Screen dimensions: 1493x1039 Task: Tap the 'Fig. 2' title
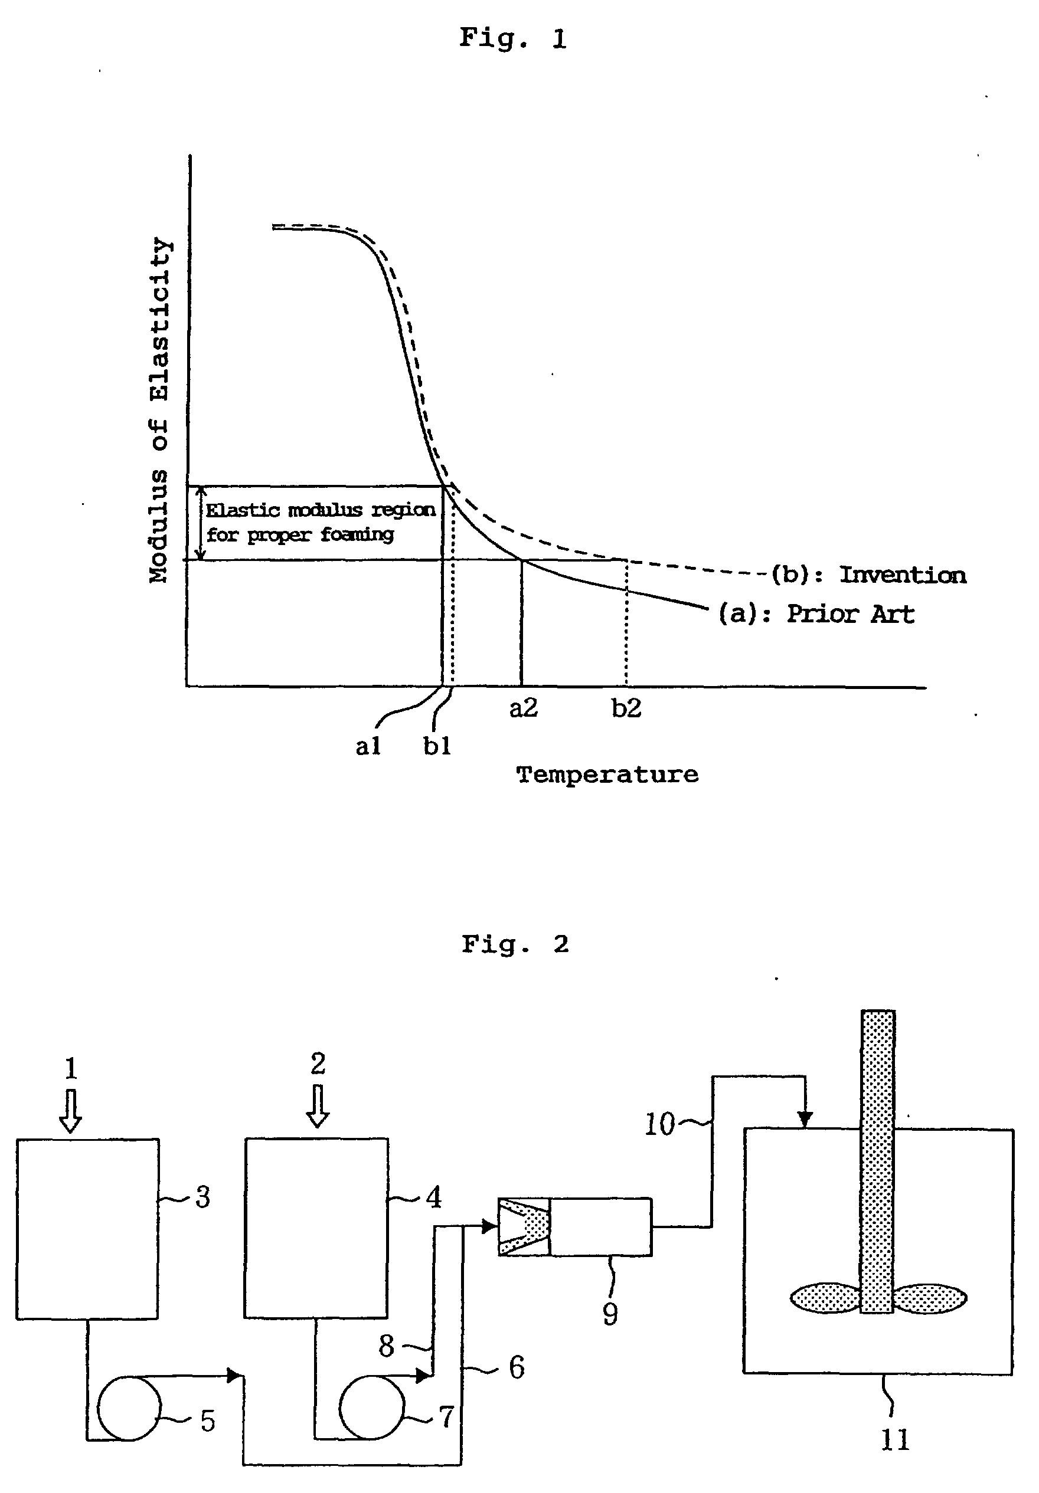[515, 944]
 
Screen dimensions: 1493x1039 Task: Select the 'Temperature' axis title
[607, 775]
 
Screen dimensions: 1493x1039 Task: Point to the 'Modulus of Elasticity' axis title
[159, 411]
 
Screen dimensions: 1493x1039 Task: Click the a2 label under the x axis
[523, 708]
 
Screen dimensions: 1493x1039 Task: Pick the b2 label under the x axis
[626, 708]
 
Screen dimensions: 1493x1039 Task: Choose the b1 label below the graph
[436, 746]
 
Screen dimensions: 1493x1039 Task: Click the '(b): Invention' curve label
[868, 575]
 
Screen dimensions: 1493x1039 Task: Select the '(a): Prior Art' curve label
[816, 614]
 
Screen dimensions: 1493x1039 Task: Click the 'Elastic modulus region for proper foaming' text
[319, 522]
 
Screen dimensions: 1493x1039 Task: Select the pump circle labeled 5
[129, 1408]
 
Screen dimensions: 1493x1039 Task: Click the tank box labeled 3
[87, 1228]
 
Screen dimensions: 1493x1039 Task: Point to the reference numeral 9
[610, 1314]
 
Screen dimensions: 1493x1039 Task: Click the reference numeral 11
[894, 1440]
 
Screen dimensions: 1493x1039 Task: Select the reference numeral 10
[659, 1124]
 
